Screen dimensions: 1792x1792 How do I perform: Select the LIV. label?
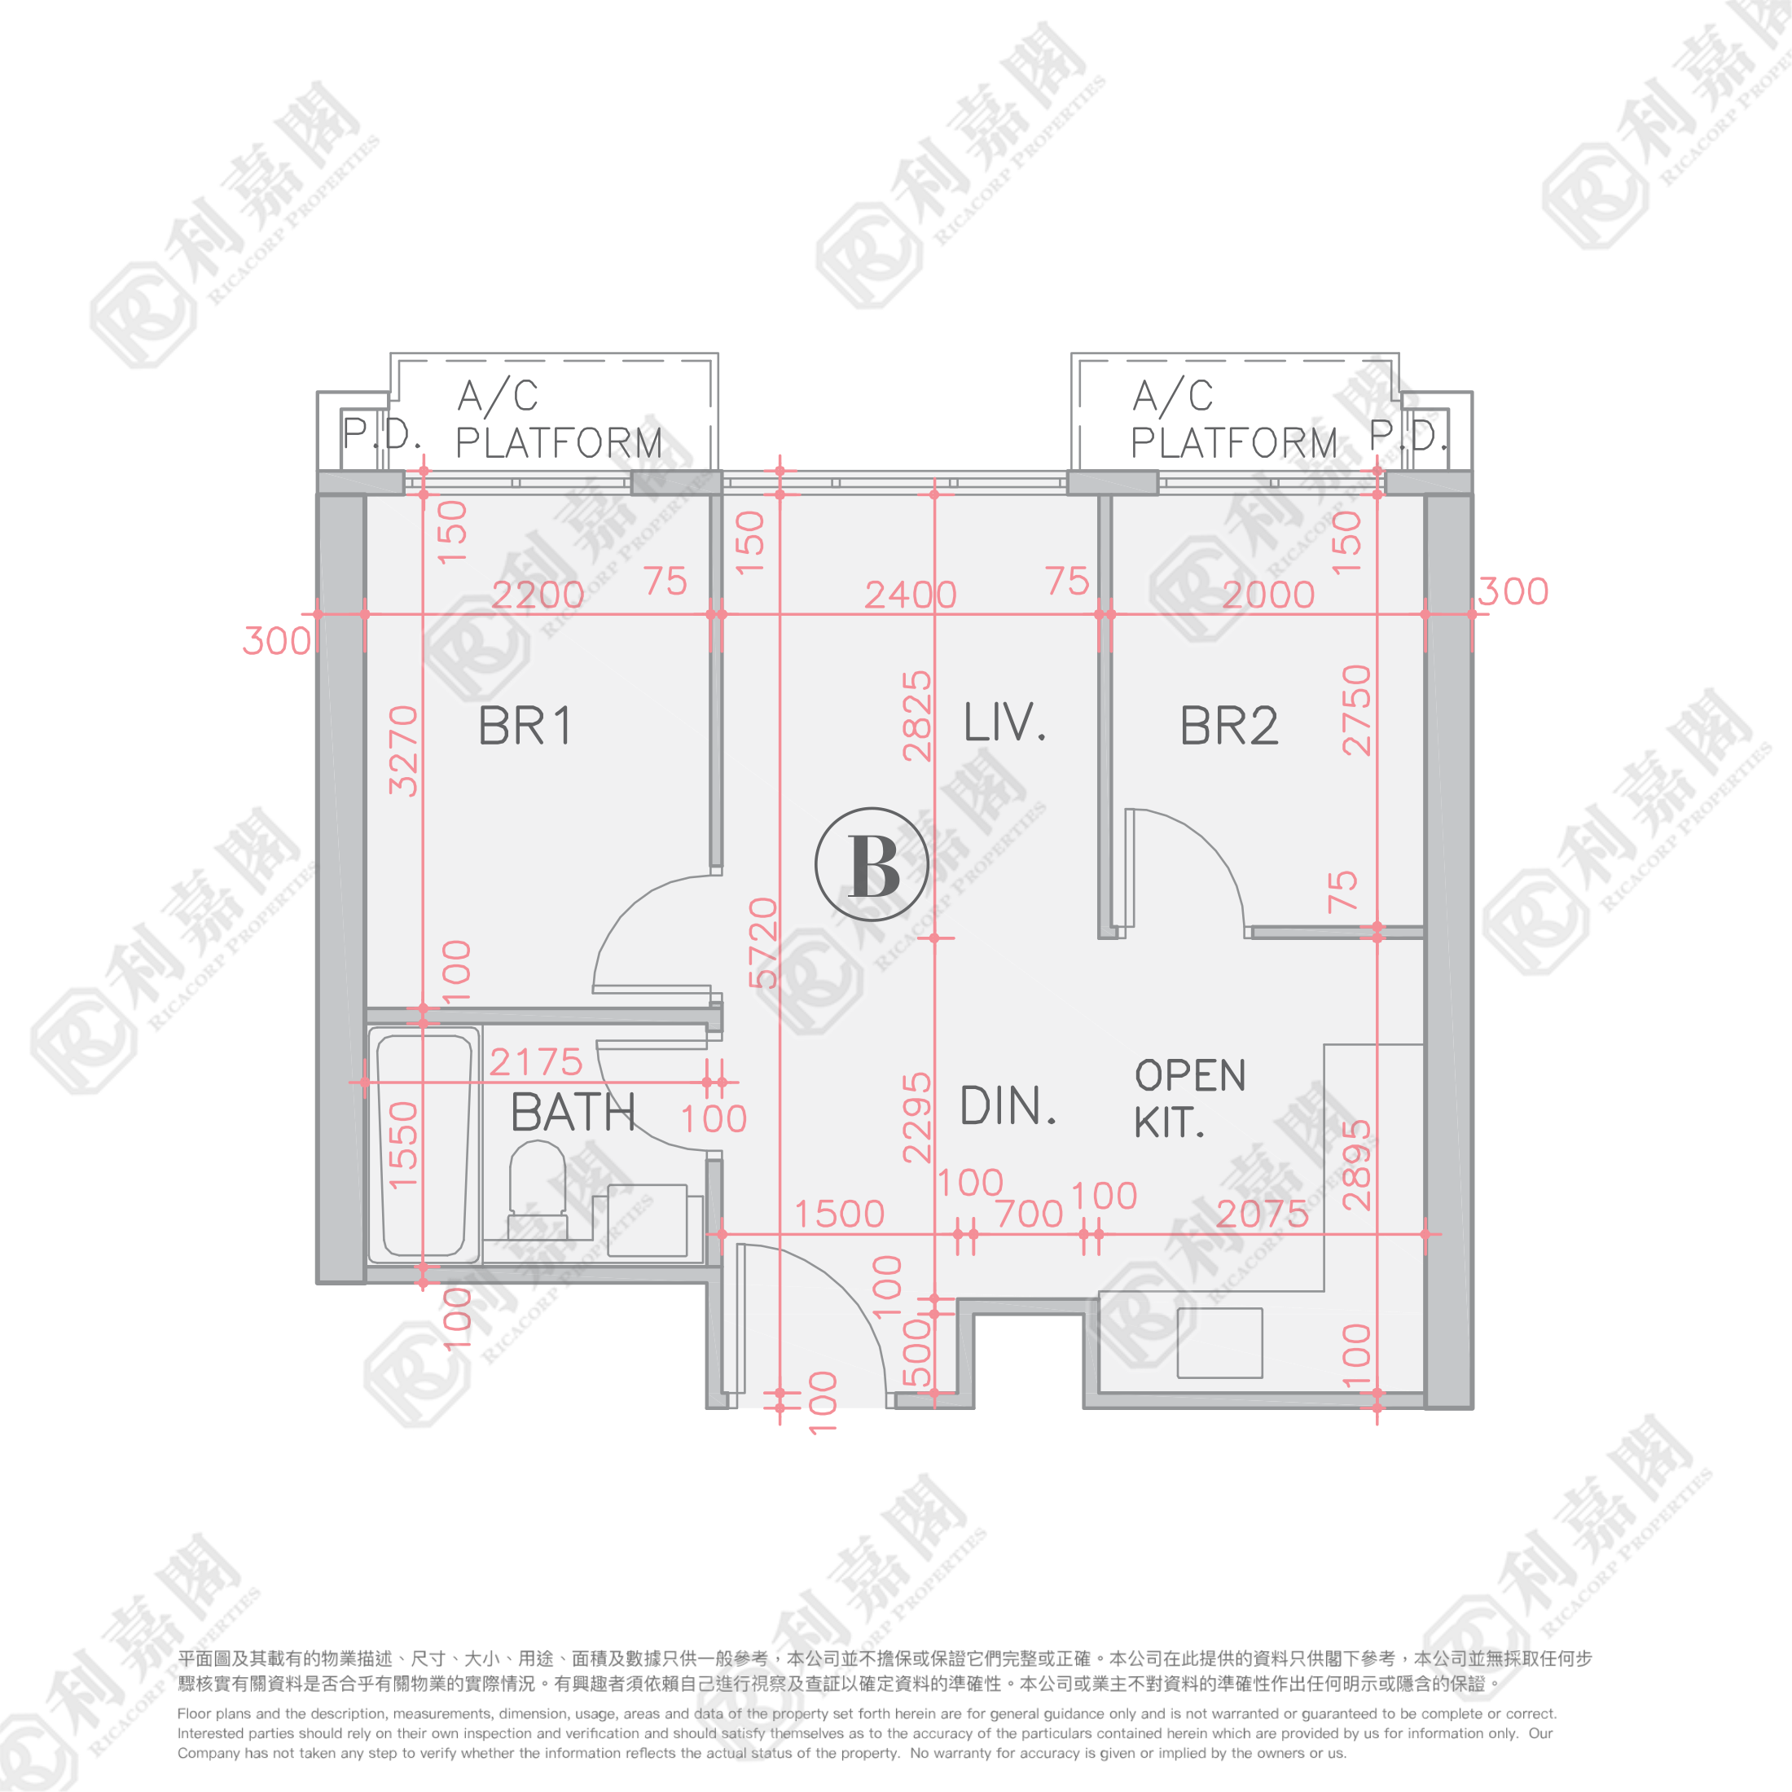[x=1004, y=723]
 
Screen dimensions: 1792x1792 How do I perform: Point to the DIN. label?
[x=1008, y=1105]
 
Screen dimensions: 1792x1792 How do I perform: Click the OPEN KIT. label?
[x=1189, y=1099]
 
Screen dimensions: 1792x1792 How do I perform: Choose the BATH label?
[x=573, y=1112]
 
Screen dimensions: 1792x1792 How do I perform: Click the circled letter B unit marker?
[x=872, y=864]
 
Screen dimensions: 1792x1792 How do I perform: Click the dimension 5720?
[x=762, y=942]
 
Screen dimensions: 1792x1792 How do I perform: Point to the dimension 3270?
[x=403, y=750]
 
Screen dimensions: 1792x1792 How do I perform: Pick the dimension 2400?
[x=910, y=595]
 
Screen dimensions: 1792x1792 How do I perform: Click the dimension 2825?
[x=916, y=715]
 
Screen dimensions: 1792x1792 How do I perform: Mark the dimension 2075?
[x=1262, y=1213]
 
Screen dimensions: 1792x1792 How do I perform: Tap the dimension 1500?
[x=840, y=1213]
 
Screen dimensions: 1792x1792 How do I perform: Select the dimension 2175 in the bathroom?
[x=535, y=1062]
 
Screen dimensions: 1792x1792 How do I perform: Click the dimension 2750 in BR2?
[x=1356, y=709]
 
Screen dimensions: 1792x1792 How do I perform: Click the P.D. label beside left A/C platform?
[x=381, y=433]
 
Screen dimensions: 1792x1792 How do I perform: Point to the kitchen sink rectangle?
[x=1219, y=1342]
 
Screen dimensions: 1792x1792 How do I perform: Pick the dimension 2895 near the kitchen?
[x=1356, y=1164]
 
